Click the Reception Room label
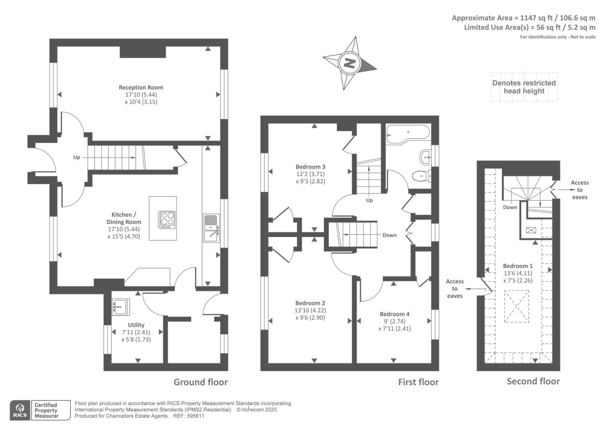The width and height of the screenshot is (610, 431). coord(141,87)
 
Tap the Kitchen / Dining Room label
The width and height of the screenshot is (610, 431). coord(124,218)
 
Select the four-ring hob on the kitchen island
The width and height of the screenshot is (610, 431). coord(167,220)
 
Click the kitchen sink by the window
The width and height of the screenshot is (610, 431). coord(211,228)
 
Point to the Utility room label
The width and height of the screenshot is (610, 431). coord(136,325)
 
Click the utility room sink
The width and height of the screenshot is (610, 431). coord(120,307)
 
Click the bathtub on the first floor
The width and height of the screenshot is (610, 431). coord(408,135)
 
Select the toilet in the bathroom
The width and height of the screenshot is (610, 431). coord(422,176)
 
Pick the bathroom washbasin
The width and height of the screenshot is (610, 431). coord(425,157)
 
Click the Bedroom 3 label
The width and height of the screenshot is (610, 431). coord(310,167)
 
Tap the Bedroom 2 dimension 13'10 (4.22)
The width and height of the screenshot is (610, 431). coord(310,310)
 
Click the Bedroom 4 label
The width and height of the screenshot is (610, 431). coord(395,314)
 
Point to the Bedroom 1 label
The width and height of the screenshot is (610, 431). coord(518,266)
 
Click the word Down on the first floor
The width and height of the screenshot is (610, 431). coord(389,235)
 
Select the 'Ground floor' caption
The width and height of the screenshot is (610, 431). coord(201,382)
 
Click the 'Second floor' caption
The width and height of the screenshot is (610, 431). coord(533,381)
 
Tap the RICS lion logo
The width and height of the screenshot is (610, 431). coord(20,410)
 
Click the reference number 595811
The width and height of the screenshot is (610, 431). coord(195,416)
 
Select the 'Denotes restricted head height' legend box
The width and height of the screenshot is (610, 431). coord(524,87)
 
